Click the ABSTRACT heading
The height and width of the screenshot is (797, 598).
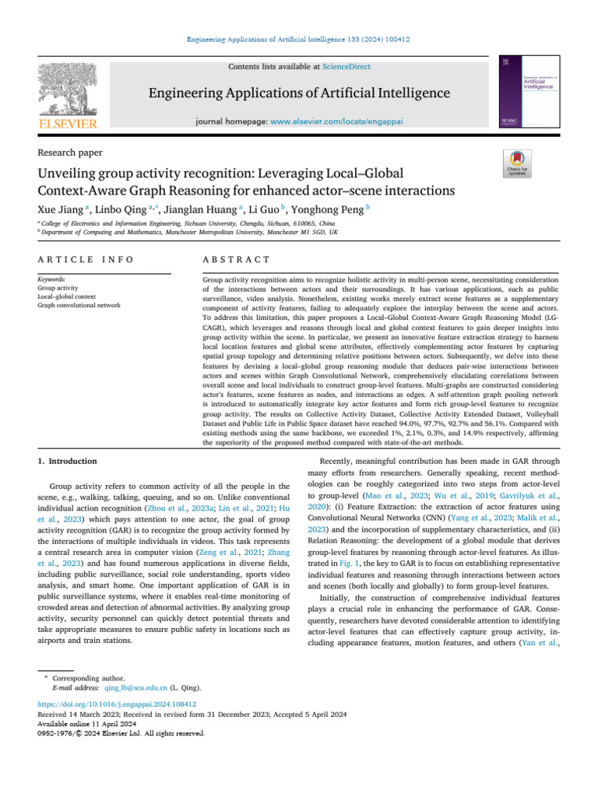tap(226, 259)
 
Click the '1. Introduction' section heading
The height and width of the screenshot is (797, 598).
tap(68, 462)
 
